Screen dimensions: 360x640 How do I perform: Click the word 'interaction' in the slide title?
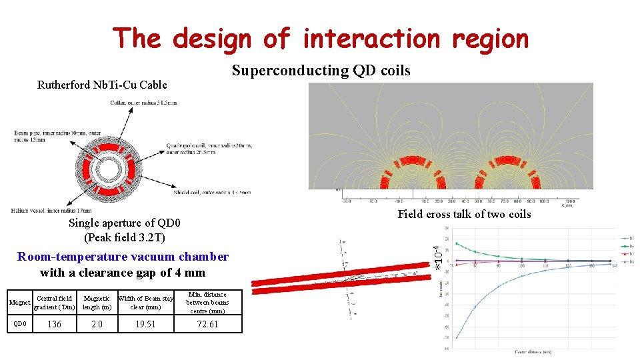[x=371, y=39]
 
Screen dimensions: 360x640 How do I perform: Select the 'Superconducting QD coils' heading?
[x=321, y=71]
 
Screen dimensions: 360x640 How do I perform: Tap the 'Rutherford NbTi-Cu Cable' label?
[x=102, y=85]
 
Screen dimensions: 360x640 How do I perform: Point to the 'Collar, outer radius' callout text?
[x=143, y=103]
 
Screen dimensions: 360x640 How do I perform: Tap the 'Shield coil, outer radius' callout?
[x=210, y=192]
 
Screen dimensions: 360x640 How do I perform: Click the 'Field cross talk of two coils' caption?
[x=464, y=214]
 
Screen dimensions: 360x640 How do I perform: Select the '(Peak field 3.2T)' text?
[x=125, y=237]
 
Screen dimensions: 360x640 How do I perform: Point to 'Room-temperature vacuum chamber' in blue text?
[x=123, y=257]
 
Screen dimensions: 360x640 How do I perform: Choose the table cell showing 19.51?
[x=145, y=325]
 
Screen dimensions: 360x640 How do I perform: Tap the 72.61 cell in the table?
[x=207, y=325]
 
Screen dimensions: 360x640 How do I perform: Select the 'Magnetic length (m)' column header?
[x=97, y=303]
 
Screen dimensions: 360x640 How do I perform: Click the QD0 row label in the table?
[x=21, y=325]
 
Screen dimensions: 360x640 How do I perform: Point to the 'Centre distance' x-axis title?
[x=533, y=351]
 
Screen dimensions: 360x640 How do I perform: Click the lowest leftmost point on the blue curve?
[x=457, y=337]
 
